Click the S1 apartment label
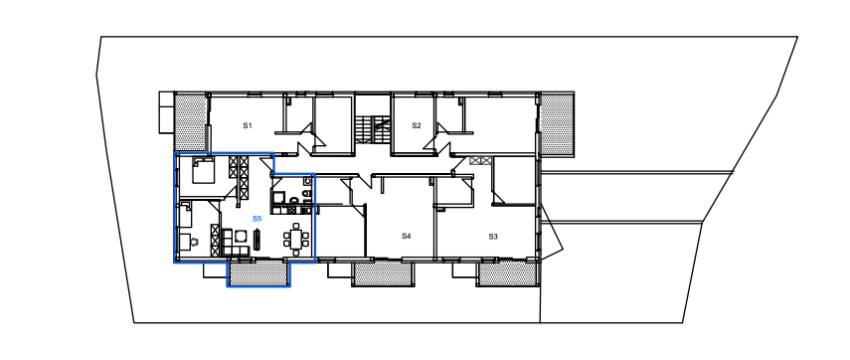tap(248, 125)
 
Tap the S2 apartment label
tap(417, 125)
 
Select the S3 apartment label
tap(493, 237)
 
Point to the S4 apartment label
tap(407, 236)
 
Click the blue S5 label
tap(256, 219)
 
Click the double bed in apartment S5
tap(203, 170)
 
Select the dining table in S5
tap(296, 239)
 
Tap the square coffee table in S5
tap(241, 237)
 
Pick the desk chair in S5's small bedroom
tap(194, 242)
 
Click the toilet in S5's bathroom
tap(307, 196)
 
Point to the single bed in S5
tap(185, 214)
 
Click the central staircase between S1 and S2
tap(373, 129)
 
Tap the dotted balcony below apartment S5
tap(258, 272)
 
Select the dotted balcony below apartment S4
tap(384, 273)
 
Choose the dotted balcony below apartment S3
tap(508, 273)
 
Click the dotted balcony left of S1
tap(191, 121)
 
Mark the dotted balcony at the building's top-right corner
tap(557, 123)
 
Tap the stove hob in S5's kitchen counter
tap(291, 209)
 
